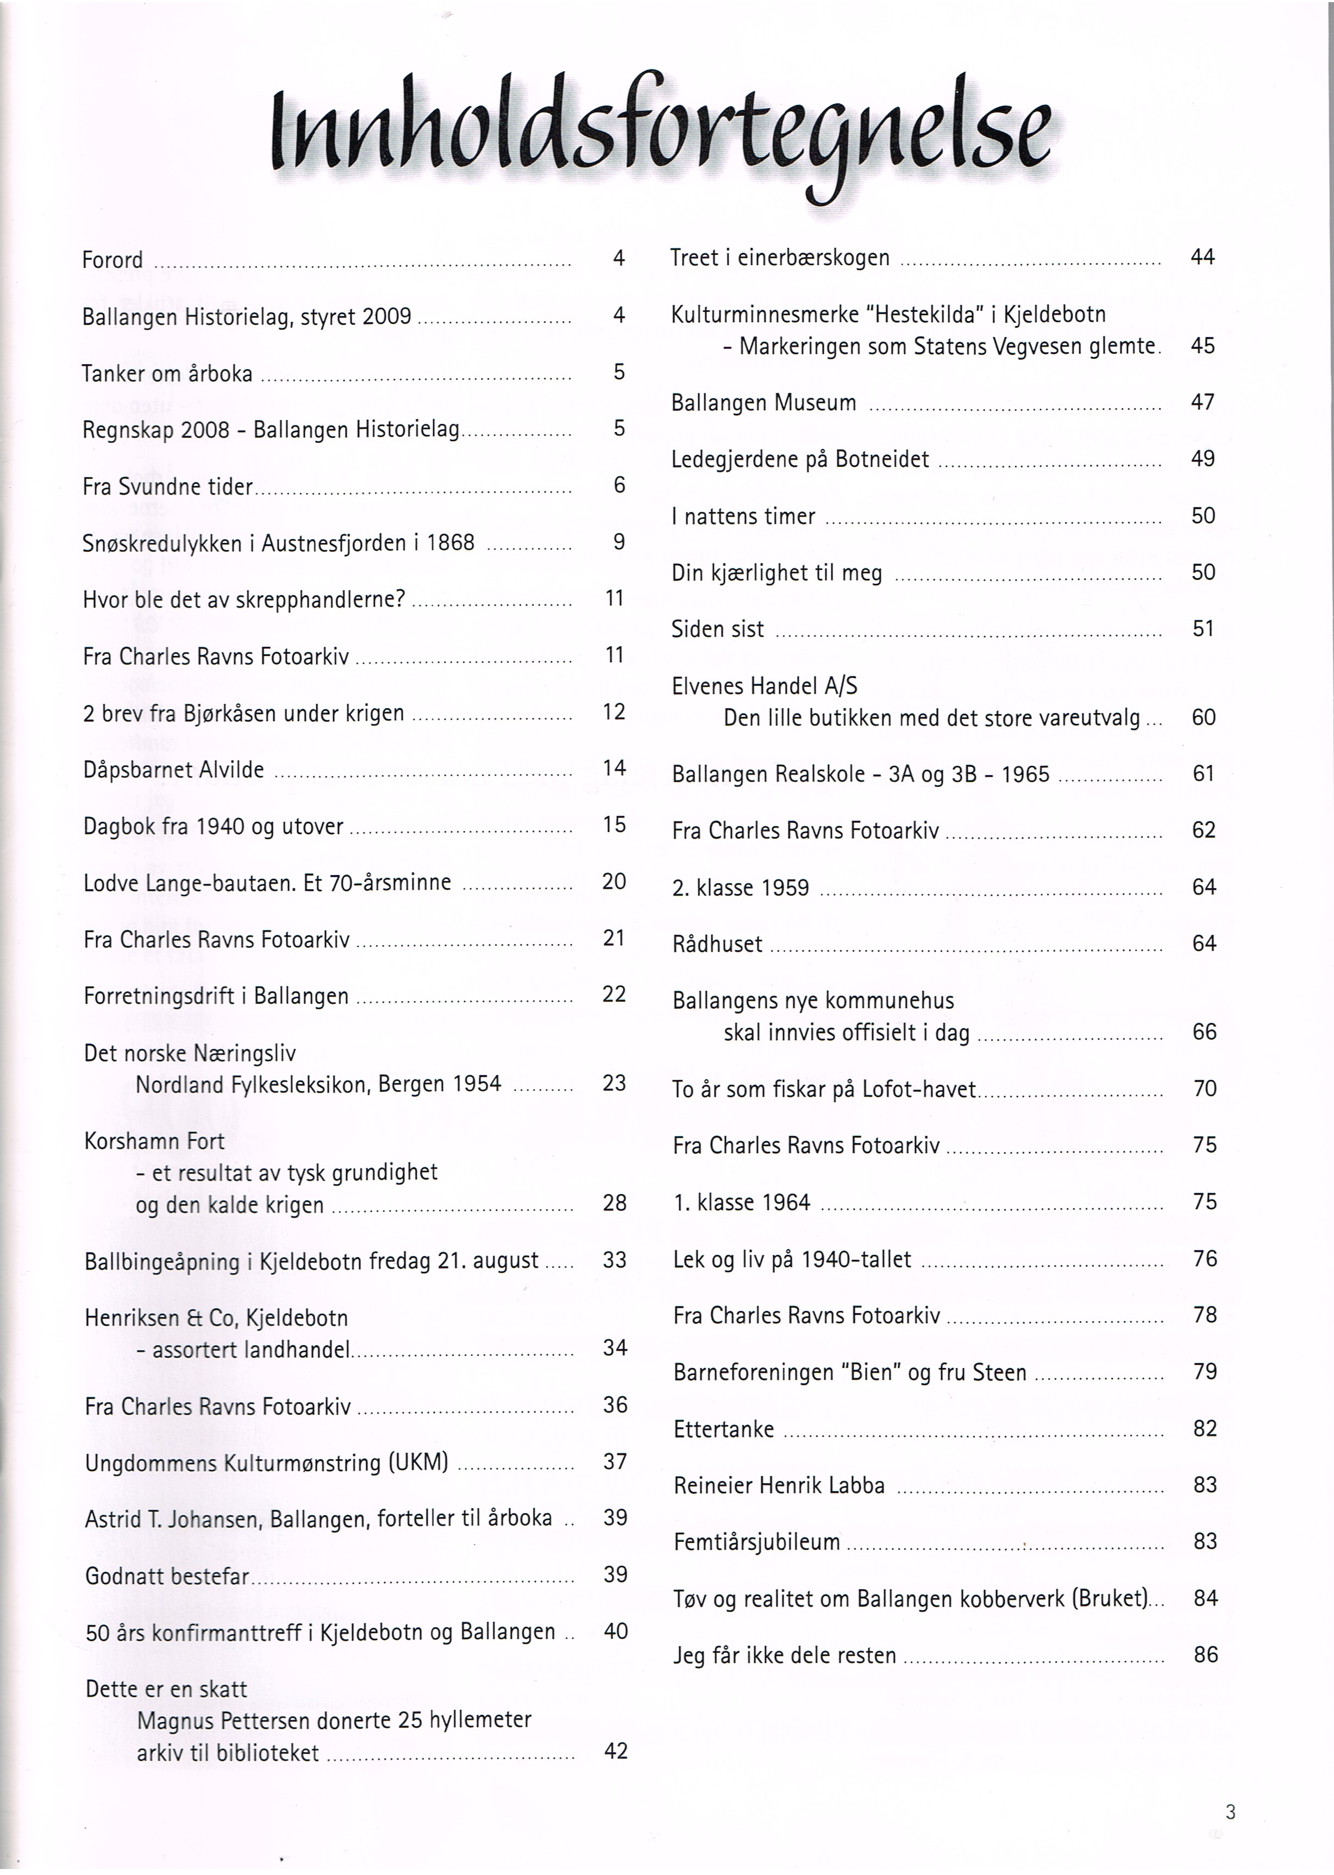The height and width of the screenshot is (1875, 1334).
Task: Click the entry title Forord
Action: click(112, 260)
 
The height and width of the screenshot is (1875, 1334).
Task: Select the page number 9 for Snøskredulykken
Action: click(619, 541)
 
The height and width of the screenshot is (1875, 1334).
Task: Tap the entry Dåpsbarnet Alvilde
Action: click(173, 770)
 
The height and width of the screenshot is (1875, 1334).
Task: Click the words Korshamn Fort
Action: click(154, 1141)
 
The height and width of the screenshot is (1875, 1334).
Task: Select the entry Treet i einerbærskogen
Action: click(780, 258)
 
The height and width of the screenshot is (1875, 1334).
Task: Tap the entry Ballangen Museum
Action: click(763, 403)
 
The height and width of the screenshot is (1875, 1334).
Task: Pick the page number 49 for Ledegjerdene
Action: click(1203, 459)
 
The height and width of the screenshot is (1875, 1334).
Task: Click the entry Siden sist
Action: click(717, 629)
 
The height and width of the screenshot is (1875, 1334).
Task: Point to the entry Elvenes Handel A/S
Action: click(764, 686)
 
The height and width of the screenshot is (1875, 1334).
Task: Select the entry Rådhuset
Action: click(717, 944)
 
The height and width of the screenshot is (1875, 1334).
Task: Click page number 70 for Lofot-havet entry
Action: click(1204, 1089)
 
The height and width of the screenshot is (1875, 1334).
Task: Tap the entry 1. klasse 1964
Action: click(742, 1203)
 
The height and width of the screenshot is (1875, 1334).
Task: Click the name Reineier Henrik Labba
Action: click(779, 1485)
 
